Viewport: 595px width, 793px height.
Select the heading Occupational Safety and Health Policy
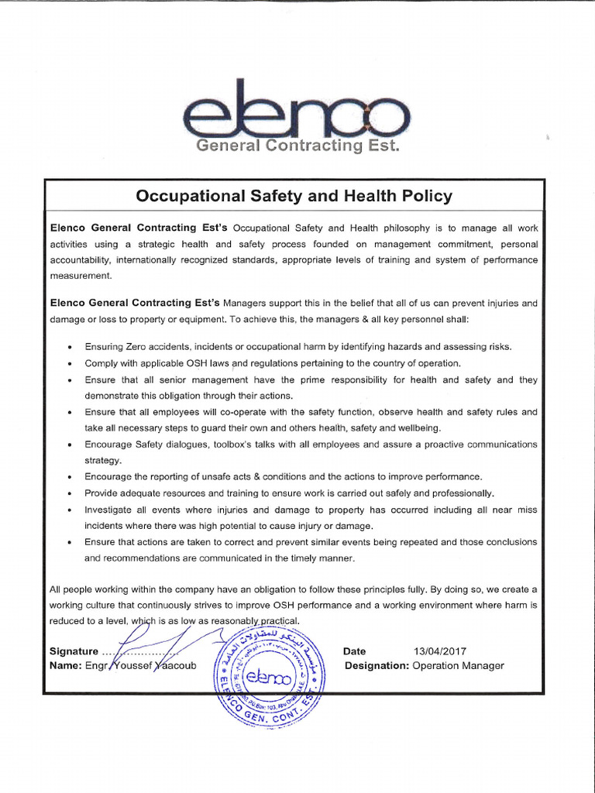pyautogui.click(x=294, y=196)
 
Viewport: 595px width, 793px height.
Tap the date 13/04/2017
pyautogui.click(x=440, y=651)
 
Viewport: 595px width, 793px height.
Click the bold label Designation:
pyautogui.click(x=377, y=665)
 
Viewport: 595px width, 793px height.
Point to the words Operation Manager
pyautogui.click(x=459, y=665)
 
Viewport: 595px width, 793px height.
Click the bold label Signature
pyautogui.click(x=74, y=651)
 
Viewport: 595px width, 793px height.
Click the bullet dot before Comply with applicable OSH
pyautogui.click(x=70, y=364)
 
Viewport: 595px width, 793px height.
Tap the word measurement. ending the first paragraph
pyautogui.click(x=81, y=275)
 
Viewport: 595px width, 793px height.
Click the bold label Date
pyautogui.click(x=355, y=651)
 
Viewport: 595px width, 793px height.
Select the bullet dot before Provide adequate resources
pyautogui.click(x=70, y=494)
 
